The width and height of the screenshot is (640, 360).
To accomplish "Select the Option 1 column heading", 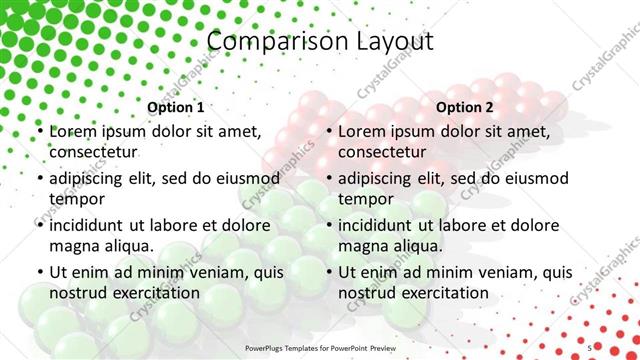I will pos(176,107).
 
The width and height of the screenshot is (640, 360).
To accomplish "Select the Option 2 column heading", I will pos(465,107).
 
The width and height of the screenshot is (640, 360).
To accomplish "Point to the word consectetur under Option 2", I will pos(382,152).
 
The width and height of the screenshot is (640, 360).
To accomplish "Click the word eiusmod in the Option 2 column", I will pos(534,178).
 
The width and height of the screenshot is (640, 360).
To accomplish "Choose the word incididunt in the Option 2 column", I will pos(383,225).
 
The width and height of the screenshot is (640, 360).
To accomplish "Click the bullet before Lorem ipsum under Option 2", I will pos(329,132).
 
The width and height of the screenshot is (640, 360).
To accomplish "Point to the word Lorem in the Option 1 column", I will pos(72,131).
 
